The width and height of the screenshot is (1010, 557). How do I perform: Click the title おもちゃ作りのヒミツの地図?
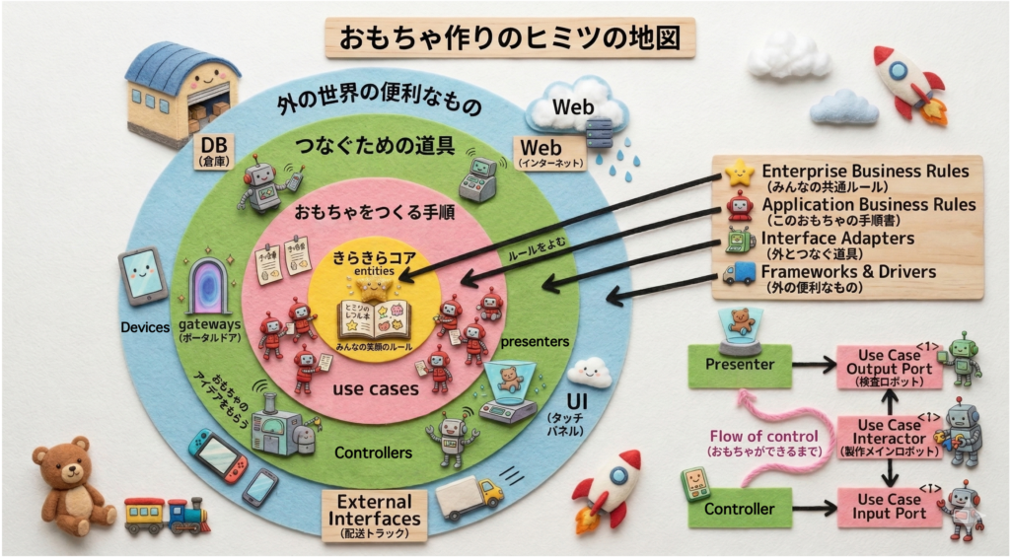click(510, 38)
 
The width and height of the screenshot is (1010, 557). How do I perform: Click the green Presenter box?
click(739, 365)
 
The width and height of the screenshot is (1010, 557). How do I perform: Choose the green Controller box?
click(739, 510)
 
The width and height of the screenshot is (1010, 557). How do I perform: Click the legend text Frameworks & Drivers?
click(849, 271)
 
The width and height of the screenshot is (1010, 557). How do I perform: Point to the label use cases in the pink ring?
click(375, 388)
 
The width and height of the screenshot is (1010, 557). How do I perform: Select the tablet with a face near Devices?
click(143, 275)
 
